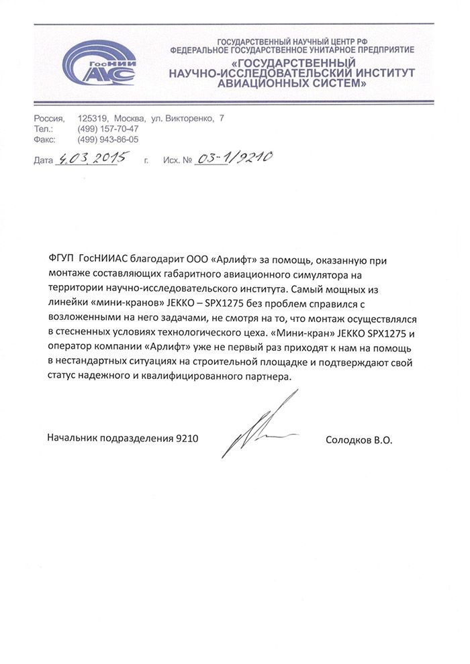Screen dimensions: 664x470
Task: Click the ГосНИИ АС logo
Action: point(99,66)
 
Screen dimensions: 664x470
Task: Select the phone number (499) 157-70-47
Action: point(108,128)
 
